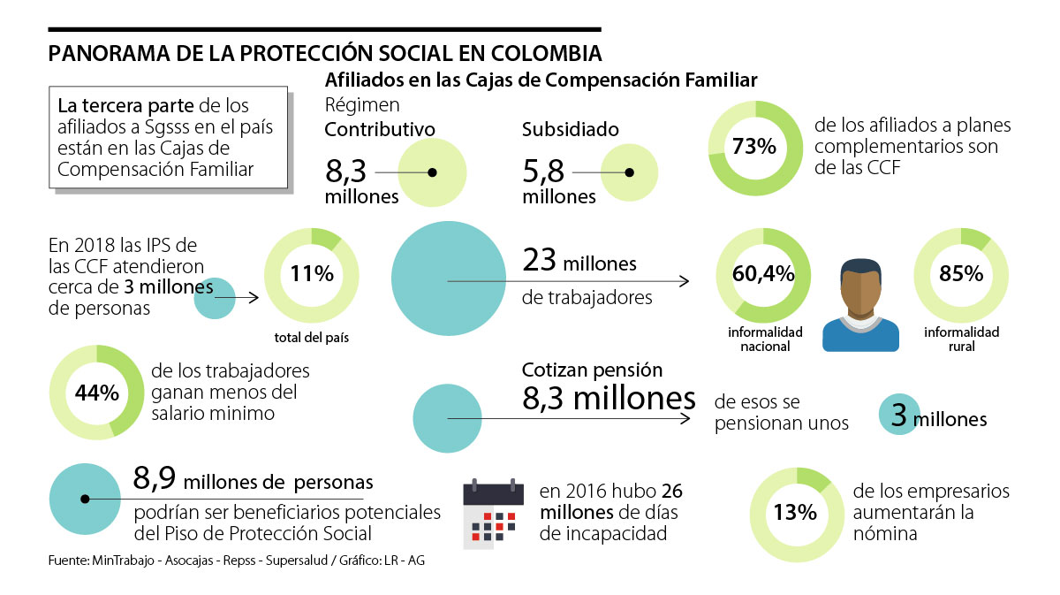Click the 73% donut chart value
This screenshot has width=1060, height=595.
pyautogui.click(x=753, y=147)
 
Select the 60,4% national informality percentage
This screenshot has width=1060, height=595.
pyautogui.click(x=763, y=274)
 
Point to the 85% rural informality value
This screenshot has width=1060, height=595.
pyautogui.click(x=961, y=274)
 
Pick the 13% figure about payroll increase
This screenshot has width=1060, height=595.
pyautogui.click(x=795, y=514)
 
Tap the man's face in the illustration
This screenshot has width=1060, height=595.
pyautogui.click(x=860, y=291)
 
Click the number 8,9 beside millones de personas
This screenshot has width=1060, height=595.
pyautogui.click(x=155, y=480)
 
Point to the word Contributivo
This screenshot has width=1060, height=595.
pyautogui.click(x=380, y=130)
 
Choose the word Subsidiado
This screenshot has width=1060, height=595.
pyautogui.click(x=570, y=130)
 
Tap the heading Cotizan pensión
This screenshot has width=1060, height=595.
pyautogui.click(x=592, y=370)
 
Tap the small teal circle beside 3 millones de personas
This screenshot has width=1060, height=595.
pyautogui.click(x=214, y=298)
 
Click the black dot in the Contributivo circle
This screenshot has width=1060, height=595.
pyautogui.click(x=432, y=172)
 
